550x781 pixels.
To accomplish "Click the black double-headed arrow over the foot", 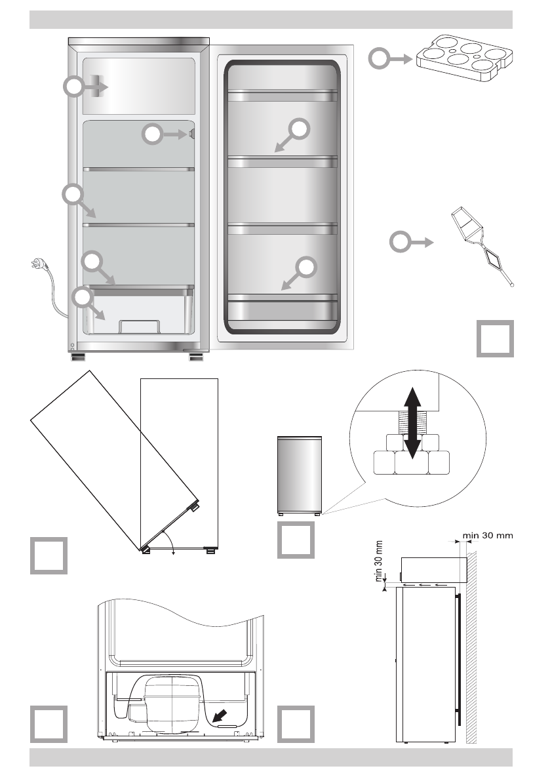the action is pyautogui.click(x=412, y=422).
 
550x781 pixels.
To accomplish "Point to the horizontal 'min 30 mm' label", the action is pyautogui.click(x=488, y=534).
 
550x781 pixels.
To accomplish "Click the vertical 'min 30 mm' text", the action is pyautogui.click(x=378, y=561).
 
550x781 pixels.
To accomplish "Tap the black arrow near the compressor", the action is pyautogui.click(x=222, y=713).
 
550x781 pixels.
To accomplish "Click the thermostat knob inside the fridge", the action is pyautogui.click(x=190, y=134).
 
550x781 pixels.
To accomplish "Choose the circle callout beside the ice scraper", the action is pyautogui.click(x=401, y=243).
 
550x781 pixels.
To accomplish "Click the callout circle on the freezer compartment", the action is pyautogui.click(x=74, y=87).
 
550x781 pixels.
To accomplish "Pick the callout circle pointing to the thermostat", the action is pyautogui.click(x=151, y=134).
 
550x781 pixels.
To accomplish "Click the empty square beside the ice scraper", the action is pyautogui.click(x=495, y=338).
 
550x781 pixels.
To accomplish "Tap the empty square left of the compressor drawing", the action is pyautogui.click(x=49, y=724).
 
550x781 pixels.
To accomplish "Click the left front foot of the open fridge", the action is pyautogui.click(x=79, y=358).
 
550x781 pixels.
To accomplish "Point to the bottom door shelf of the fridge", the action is pyautogui.click(x=282, y=306).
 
